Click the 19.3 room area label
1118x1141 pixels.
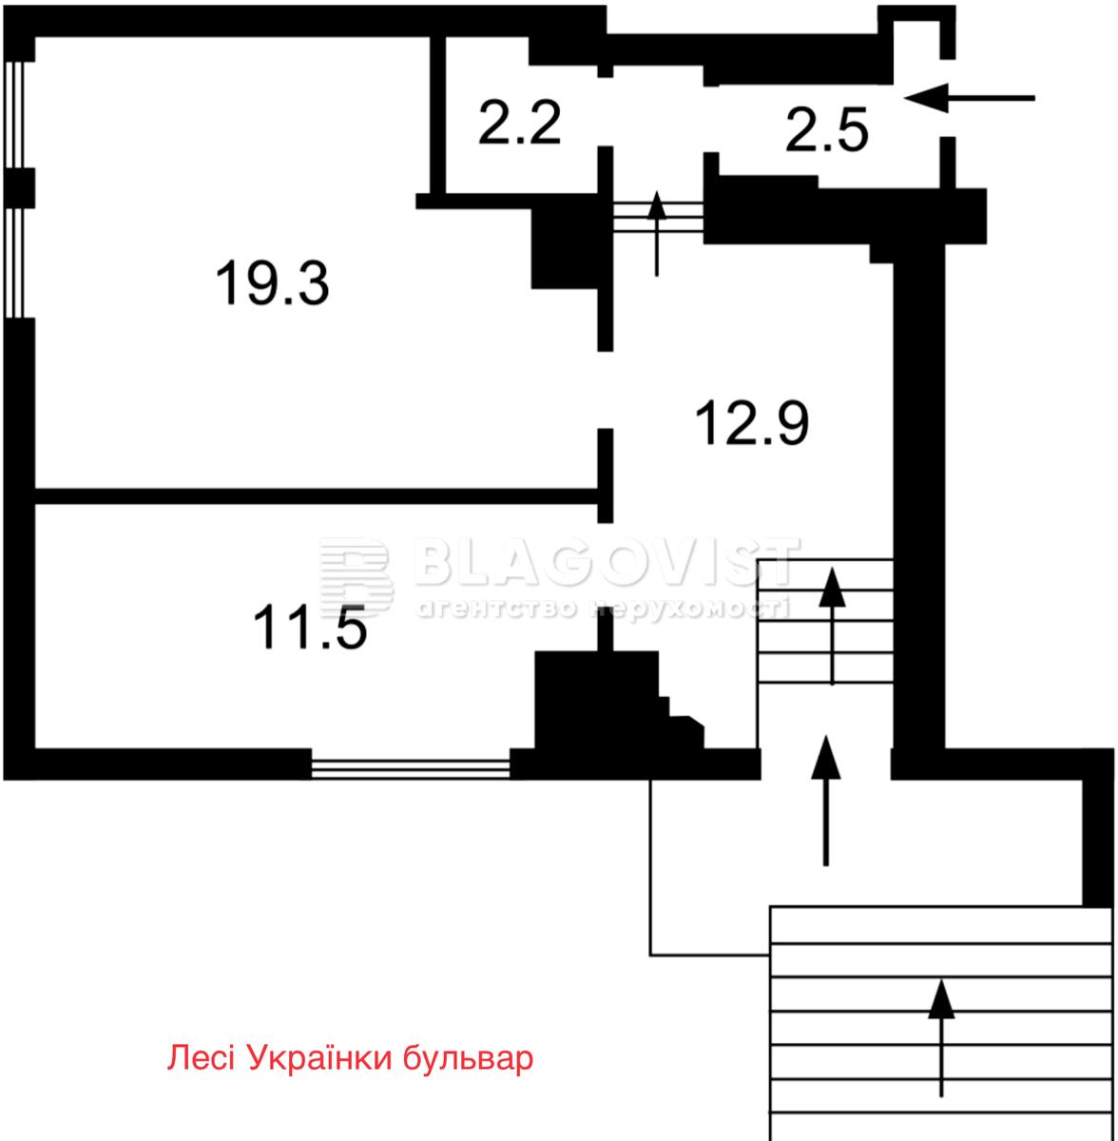click(x=273, y=284)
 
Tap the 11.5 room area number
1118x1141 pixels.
click(x=310, y=629)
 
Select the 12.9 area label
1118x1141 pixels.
click(x=752, y=423)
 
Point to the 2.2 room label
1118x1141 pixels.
click(x=519, y=123)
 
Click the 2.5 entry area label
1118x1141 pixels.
click(x=827, y=129)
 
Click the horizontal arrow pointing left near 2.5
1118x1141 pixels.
click(x=970, y=98)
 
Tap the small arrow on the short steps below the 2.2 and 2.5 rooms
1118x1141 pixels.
click(x=656, y=233)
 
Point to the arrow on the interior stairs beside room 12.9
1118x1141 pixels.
click(x=832, y=626)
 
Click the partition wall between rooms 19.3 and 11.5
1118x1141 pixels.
click(x=317, y=496)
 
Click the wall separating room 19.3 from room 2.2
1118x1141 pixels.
click(x=437, y=115)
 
